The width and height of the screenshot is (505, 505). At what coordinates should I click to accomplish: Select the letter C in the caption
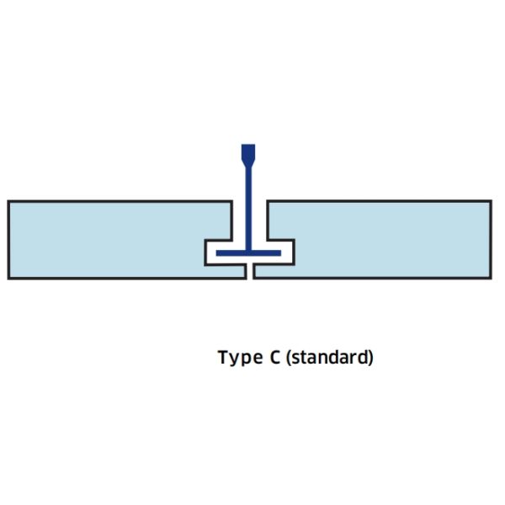(x=275, y=357)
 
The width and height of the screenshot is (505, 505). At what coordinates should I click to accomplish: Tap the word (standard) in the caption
(x=329, y=358)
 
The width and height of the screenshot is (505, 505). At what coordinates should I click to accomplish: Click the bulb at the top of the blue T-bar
(x=248, y=154)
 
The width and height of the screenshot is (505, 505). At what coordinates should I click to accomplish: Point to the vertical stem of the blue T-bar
(x=248, y=206)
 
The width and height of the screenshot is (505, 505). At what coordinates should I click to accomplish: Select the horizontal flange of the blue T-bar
(x=248, y=252)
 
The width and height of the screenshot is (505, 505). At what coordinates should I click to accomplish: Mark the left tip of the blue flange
(x=218, y=252)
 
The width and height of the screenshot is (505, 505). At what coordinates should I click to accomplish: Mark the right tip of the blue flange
(x=279, y=252)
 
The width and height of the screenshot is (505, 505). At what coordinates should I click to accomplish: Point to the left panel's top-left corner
(x=8, y=202)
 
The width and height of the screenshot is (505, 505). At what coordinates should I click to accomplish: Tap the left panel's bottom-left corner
(x=8, y=278)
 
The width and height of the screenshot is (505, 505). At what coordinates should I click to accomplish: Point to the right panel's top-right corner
(x=491, y=201)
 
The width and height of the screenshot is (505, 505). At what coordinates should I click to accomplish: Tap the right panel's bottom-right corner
(x=491, y=278)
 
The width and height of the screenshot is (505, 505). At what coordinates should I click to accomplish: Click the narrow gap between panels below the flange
(x=250, y=271)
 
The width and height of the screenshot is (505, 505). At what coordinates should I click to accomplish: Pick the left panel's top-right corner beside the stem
(x=232, y=202)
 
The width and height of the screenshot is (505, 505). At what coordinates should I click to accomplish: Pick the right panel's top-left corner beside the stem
(x=267, y=202)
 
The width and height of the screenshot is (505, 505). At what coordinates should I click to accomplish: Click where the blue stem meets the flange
(x=248, y=249)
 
